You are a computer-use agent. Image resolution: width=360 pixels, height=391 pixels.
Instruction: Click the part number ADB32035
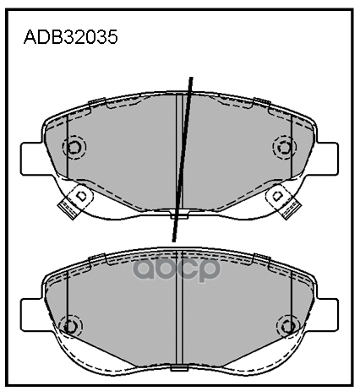click(70, 37)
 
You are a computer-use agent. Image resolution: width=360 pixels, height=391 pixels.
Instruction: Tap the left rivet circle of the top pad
click(74, 148)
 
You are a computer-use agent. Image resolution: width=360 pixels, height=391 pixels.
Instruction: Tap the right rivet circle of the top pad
click(285, 147)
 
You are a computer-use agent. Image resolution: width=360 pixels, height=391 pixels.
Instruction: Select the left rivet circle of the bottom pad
click(70, 327)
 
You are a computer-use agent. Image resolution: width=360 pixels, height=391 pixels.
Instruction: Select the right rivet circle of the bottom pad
click(288, 326)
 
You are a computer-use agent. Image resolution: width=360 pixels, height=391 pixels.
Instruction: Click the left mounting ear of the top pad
click(31, 159)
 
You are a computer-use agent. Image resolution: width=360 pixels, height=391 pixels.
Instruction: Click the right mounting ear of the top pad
click(327, 159)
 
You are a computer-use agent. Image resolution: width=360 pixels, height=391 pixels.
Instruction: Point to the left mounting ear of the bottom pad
click(31, 315)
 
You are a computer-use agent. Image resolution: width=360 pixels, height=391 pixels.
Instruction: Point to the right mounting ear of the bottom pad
click(327, 315)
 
